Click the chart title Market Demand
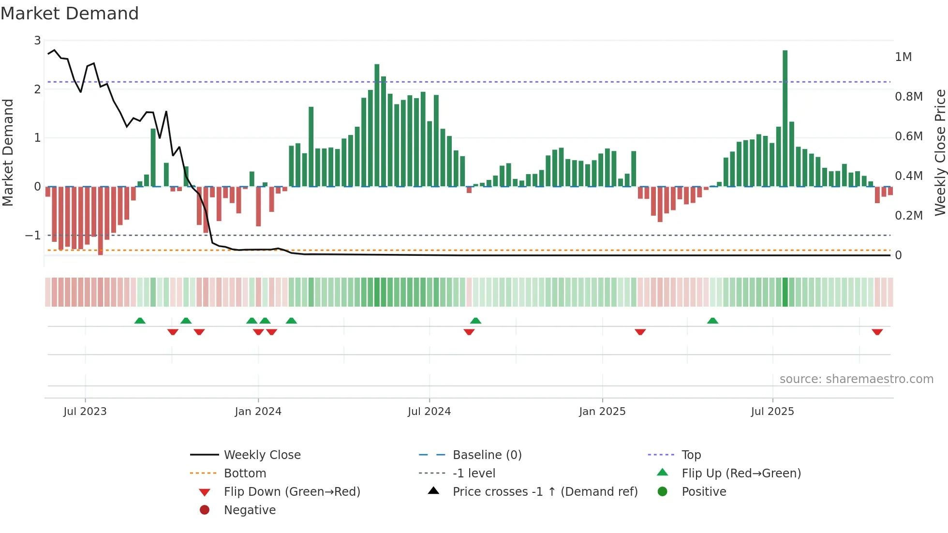tap(70, 14)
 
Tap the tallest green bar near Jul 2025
tap(785, 118)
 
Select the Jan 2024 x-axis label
tap(258, 412)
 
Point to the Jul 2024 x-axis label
tap(429, 412)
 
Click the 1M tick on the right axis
tap(903, 57)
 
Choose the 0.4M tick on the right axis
tap(908, 176)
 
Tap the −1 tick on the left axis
tap(33, 236)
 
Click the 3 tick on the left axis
tap(37, 41)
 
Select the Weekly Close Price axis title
tap(940, 152)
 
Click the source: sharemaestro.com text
tap(856, 379)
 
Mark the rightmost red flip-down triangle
tap(877, 332)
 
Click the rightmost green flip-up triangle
tap(712, 321)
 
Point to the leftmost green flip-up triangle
tap(140, 321)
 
